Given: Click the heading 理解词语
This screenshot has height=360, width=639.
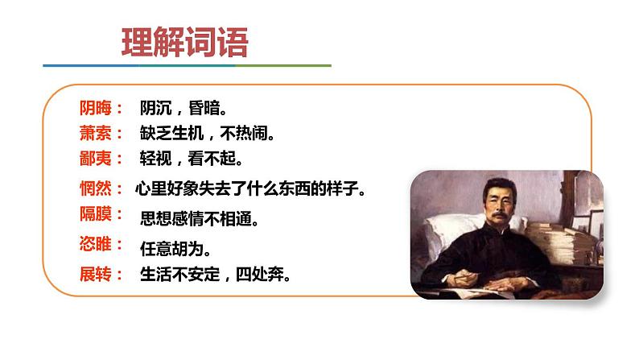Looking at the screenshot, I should [184, 43].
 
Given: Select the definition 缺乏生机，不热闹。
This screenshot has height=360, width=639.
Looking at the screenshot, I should [208, 133].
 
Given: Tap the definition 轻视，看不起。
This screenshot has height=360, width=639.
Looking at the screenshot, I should [192, 158].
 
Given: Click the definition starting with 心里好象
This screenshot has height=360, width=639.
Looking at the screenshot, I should [250, 190].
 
